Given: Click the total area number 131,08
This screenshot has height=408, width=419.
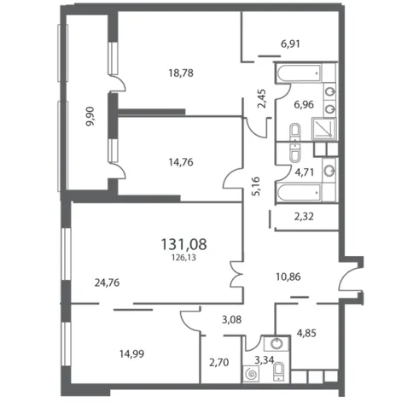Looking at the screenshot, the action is (183, 244).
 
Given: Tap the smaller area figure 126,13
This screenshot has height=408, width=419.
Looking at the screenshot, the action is (183, 258).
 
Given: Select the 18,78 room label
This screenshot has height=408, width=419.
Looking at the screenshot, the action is (181, 73).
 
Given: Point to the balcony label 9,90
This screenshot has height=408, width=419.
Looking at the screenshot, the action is (90, 116).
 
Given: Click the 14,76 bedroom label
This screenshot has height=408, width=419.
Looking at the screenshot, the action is (181, 162).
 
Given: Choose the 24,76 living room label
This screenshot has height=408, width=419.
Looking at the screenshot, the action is (107, 283).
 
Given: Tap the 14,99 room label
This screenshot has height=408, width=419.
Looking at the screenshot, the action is (131, 353).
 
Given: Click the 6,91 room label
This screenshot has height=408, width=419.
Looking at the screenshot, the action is (290, 44).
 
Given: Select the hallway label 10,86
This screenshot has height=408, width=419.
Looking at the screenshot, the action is (288, 277).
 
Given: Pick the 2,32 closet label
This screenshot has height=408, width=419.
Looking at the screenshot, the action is (304, 217).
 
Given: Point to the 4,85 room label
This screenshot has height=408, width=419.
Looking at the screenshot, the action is (306, 333).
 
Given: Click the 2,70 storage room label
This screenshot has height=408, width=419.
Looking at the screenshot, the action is (219, 363).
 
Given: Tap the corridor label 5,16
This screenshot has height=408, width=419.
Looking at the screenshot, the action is (255, 186).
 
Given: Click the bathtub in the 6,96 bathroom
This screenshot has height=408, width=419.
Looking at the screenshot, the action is (299, 73).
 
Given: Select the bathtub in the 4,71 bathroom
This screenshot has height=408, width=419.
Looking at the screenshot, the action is (299, 193).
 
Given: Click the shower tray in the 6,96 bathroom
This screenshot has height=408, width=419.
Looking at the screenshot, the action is (324, 129).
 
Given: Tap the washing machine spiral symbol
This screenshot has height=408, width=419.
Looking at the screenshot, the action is (251, 374).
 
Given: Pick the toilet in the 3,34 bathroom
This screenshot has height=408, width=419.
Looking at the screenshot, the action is (278, 371).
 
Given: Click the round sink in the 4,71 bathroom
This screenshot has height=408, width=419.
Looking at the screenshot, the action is (330, 171).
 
